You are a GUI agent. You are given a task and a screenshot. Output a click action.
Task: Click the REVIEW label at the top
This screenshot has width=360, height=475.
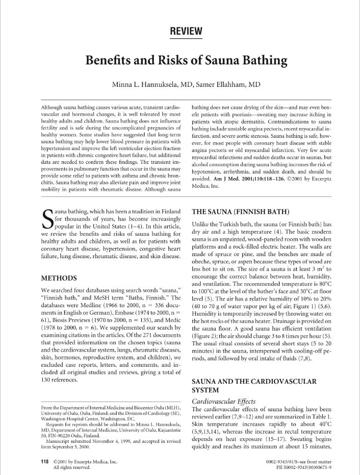point(186,32)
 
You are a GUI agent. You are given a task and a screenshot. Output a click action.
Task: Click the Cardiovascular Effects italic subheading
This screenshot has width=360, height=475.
point(223,401)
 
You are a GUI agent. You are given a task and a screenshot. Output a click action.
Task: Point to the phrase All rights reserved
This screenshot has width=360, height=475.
point(71,467)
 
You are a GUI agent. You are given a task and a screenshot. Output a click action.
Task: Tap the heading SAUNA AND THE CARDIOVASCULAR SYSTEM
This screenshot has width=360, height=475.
point(253,386)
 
